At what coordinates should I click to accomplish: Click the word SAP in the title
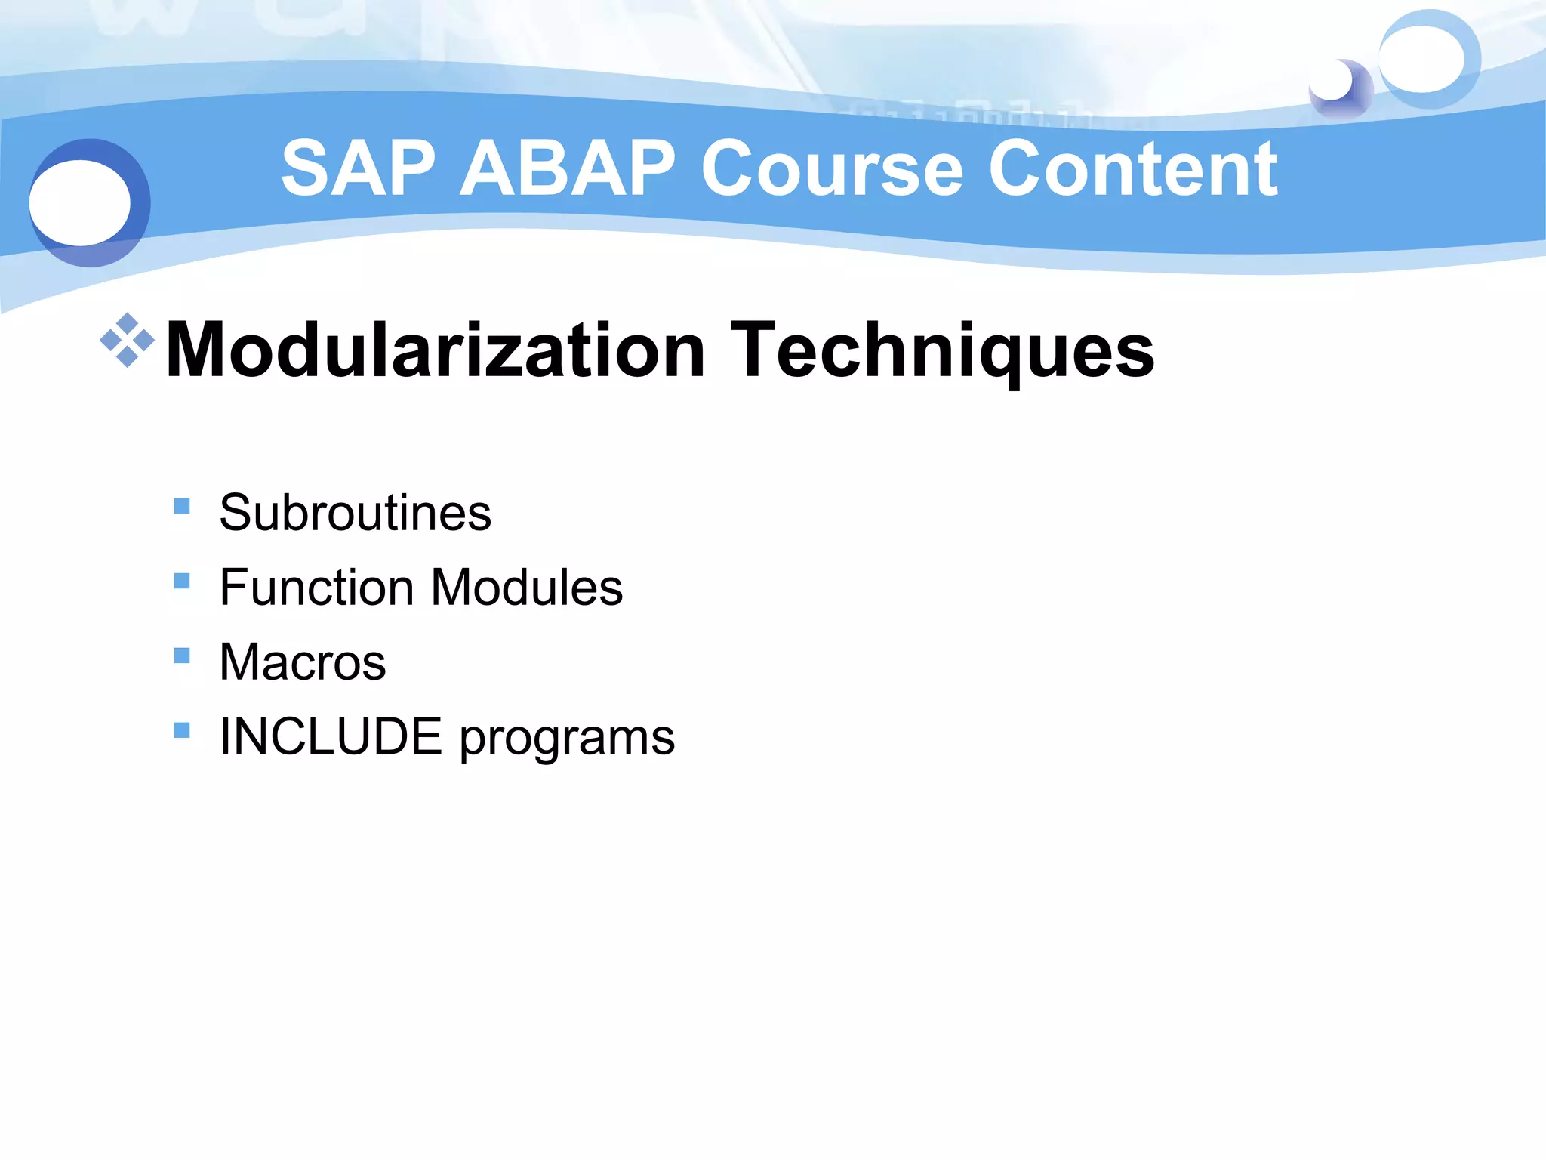(x=359, y=169)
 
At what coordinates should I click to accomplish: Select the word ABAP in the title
(x=567, y=169)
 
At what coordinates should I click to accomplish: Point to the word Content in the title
(x=1132, y=169)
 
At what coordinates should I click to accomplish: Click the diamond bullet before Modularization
(x=127, y=341)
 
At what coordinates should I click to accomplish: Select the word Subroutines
(x=355, y=512)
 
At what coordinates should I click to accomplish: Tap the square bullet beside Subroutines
(x=182, y=506)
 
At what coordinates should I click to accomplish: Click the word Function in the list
(x=316, y=587)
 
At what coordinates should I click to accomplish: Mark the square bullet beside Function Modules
(x=182, y=581)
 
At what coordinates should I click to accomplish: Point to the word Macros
(x=303, y=662)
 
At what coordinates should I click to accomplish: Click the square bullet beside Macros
(x=182, y=656)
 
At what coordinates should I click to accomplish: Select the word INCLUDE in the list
(x=331, y=736)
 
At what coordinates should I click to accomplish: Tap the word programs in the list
(x=567, y=738)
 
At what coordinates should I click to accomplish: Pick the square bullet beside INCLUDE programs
(x=182, y=730)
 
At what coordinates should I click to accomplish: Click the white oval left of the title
(x=80, y=202)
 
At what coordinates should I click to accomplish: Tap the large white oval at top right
(x=1422, y=59)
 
